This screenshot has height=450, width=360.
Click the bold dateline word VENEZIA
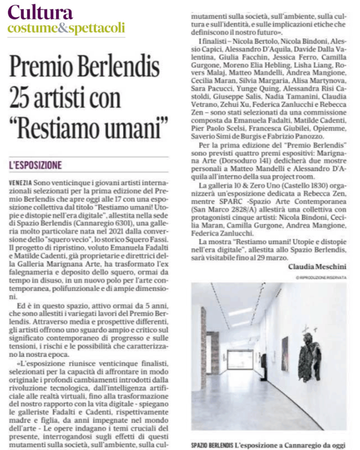point(19,183)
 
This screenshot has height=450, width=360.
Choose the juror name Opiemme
point(327,129)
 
